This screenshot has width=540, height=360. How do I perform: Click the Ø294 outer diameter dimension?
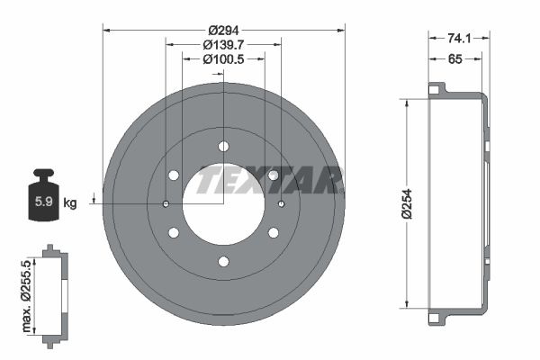(x=223, y=31)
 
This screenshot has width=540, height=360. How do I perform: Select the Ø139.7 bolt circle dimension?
(x=223, y=45)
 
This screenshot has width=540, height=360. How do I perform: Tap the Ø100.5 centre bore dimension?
(x=223, y=59)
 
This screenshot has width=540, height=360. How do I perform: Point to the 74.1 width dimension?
(x=459, y=38)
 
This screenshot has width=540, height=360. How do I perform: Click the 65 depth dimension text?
(x=454, y=59)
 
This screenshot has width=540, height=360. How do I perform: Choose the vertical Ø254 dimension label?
(x=407, y=203)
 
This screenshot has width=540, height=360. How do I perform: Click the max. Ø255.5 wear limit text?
(x=26, y=296)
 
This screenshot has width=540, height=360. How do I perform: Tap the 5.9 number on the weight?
(x=44, y=202)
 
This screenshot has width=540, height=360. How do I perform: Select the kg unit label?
(x=70, y=202)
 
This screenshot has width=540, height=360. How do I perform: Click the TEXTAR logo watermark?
(x=270, y=179)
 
